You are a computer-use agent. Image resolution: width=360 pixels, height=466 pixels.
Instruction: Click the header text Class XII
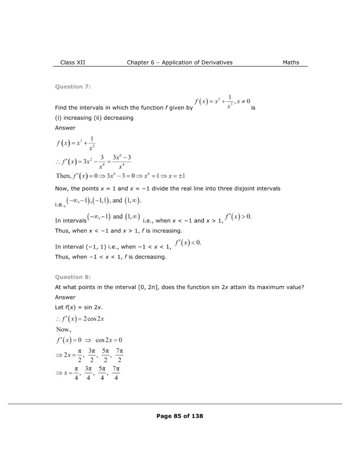click(x=72, y=62)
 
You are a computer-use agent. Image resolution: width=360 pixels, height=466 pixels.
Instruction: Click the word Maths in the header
click(x=291, y=62)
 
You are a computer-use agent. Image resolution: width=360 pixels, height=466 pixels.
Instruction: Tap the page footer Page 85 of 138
click(x=180, y=416)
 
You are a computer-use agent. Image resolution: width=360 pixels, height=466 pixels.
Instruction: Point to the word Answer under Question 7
click(x=65, y=128)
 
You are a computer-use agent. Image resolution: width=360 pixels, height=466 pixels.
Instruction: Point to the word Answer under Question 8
click(x=65, y=298)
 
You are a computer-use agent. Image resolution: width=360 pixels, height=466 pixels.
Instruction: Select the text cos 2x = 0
click(x=109, y=340)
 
